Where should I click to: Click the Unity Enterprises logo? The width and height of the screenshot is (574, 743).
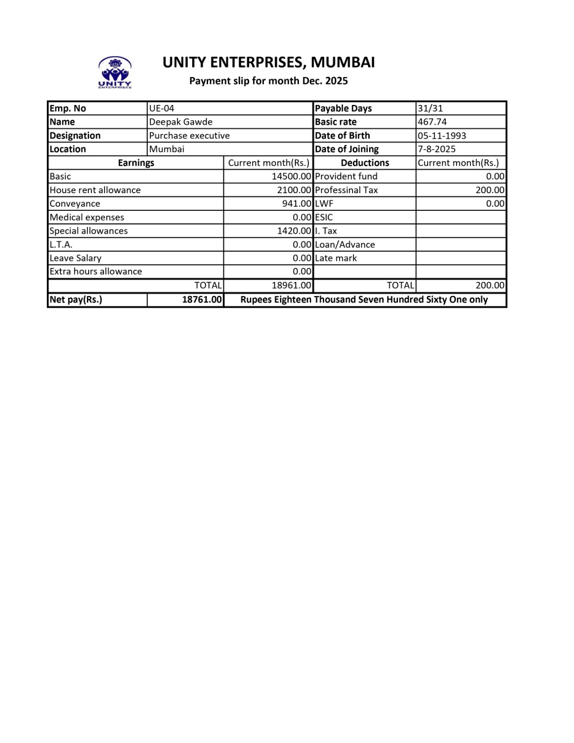[115, 72]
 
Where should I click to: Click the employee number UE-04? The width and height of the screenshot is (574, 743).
[161, 108]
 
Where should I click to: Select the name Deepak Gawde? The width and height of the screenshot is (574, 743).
[181, 122]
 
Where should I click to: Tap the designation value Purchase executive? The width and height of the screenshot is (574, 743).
[189, 136]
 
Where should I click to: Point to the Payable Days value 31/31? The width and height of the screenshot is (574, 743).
[430, 108]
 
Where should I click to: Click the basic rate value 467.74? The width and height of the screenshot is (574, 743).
[432, 122]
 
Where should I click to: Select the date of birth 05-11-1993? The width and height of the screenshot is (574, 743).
[442, 136]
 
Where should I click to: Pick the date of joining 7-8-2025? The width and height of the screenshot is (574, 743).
[436, 149]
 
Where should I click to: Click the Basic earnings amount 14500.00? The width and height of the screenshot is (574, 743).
[291, 176]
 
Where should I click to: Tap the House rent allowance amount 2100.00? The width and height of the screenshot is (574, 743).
[294, 190]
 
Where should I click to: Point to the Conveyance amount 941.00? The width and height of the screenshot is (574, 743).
[296, 203]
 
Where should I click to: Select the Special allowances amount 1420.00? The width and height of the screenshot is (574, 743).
[294, 231]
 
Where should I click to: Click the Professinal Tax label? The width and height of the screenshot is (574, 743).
[346, 190]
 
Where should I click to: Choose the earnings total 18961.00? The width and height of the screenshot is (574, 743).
[291, 285]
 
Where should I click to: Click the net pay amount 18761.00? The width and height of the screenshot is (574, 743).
[202, 300]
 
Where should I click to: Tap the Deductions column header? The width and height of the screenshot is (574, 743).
[365, 163]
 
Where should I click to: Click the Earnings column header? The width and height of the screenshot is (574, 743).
[136, 163]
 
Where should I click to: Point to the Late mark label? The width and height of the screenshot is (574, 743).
[335, 258]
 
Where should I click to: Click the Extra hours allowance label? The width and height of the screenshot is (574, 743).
[96, 272]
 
